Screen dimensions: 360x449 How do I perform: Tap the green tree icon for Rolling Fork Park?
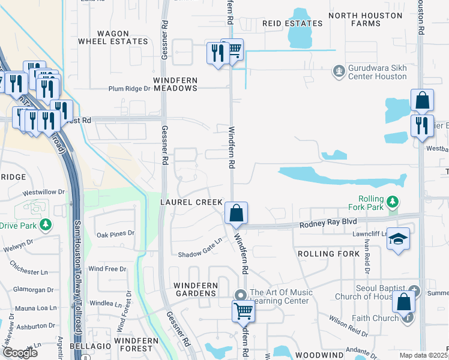(x=393, y=201)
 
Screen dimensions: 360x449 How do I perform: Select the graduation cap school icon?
(x=398, y=239)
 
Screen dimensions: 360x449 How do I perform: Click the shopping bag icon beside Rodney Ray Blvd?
(x=237, y=213)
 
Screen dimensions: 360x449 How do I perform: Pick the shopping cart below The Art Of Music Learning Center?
(x=243, y=311)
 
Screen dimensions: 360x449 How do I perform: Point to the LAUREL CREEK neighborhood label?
(x=191, y=202)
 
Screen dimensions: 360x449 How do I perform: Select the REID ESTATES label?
(x=292, y=23)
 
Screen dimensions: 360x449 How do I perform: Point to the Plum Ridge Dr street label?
(x=129, y=88)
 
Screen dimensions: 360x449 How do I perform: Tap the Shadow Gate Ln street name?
(x=200, y=253)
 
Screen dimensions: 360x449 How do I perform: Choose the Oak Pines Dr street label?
(x=116, y=234)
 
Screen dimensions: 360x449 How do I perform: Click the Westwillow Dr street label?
(x=43, y=193)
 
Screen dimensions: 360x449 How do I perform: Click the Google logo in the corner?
(x=20, y=353)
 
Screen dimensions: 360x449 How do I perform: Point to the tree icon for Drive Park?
(x=45, y=225)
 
